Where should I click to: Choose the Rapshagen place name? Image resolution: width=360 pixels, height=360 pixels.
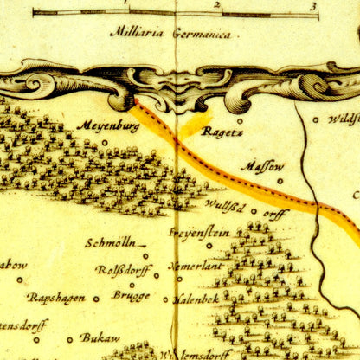[x=56, y=297]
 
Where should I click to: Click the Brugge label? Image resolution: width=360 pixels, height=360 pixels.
[x=131, y=295]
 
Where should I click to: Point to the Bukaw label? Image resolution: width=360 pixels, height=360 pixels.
[x=100, y=337]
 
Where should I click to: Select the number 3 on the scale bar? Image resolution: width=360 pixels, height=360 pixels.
[x=314, y=4]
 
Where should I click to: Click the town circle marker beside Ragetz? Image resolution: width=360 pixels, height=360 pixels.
[x=240, y=121]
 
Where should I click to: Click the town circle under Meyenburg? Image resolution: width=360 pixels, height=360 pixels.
[x=106, y=141]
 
